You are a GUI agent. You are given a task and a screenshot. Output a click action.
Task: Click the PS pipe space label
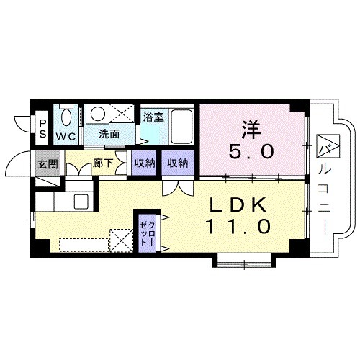point(42,129)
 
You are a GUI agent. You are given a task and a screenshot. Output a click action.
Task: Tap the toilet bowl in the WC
point(66,117)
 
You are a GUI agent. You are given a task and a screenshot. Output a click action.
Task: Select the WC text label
point(66,137)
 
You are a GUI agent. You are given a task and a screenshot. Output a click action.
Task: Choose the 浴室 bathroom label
point(154,117)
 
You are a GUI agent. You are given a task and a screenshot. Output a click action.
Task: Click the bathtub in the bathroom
point(181,127)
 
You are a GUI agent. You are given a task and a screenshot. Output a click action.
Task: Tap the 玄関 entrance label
point(48,164)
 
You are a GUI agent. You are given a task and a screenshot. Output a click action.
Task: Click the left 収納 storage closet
point(144,163)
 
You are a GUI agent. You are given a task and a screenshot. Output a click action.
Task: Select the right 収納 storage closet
point(178,163)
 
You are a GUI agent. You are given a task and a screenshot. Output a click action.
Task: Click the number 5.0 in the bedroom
point(251,152)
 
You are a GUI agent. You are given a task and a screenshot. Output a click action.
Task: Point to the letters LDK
point(238,205)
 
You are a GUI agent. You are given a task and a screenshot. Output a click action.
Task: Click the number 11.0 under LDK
point(238,226)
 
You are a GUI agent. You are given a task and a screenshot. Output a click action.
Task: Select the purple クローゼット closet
point(147,233)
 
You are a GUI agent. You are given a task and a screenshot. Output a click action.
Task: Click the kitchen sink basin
point(81,202)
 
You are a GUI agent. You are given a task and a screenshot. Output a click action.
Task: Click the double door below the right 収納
point(178,188)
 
